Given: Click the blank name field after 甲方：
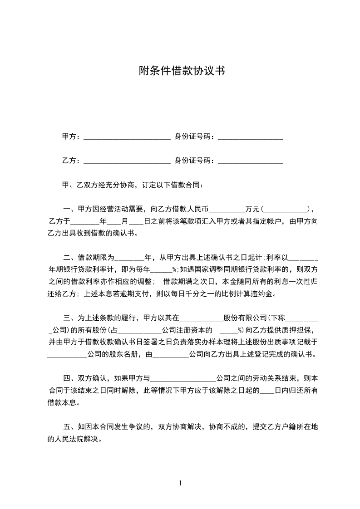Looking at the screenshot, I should pos(127,137).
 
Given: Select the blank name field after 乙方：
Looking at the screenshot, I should pos(127,161).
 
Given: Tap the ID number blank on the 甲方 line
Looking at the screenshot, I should pos(250,137).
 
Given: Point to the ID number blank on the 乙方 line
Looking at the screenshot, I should pos(250,161).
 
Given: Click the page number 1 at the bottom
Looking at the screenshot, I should pos(180,483).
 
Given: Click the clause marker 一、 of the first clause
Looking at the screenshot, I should pos(70,210).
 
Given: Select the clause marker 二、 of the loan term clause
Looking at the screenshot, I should pos(70,258).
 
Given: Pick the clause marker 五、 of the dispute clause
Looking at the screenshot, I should pos(70,427).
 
